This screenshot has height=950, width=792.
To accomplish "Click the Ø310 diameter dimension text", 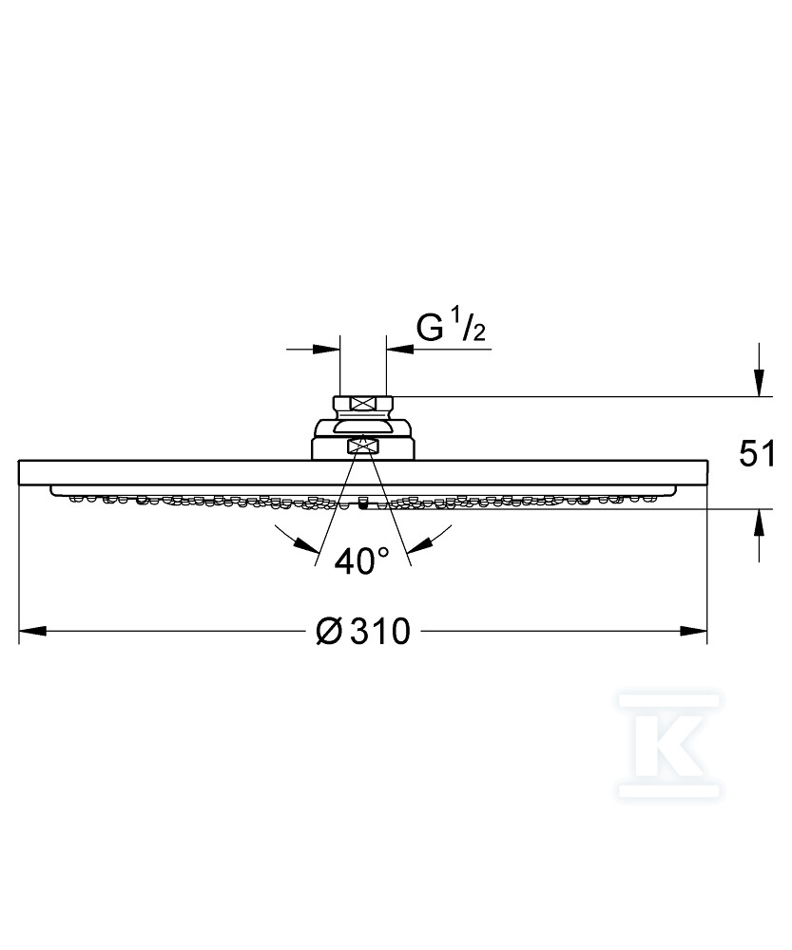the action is tap(363, 631).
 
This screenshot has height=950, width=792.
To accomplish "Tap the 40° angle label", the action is tap(362, 561).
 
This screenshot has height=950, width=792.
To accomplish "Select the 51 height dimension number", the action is tap(757, 454).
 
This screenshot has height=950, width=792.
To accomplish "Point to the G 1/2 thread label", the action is tap(451, 328).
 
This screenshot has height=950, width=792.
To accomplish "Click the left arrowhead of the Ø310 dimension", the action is tap(32, 632).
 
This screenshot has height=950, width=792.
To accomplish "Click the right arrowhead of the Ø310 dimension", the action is tap(693, 632).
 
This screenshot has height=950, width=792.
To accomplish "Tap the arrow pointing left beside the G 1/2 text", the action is tap(400, 349).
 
